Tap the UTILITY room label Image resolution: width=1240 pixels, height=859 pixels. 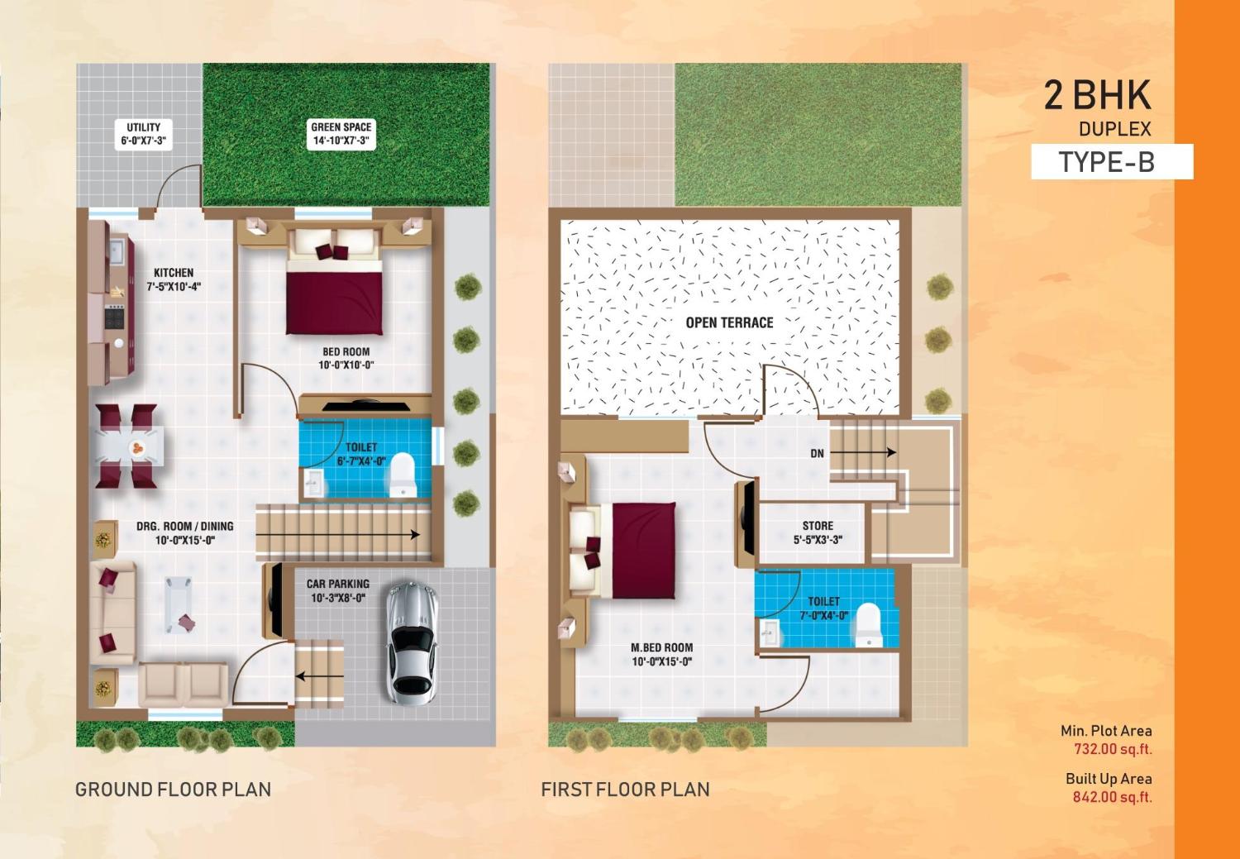tap(143, 134)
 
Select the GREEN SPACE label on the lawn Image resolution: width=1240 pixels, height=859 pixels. tap(341, 134)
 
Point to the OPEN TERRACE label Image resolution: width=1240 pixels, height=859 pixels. tap(729, 322)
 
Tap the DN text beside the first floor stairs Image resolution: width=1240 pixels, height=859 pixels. tap(817, 454)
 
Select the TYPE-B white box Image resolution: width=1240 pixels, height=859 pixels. tap(1111, 162)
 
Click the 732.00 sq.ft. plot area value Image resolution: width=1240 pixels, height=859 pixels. tap(1112, 750)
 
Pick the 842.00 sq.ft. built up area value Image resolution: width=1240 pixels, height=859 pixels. tap(1112, 798)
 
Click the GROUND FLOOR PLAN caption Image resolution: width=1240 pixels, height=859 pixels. tap(173, 790)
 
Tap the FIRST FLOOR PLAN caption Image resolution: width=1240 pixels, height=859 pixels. tap(625, 790)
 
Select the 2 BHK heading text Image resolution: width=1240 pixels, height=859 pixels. tap(1097, 96)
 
